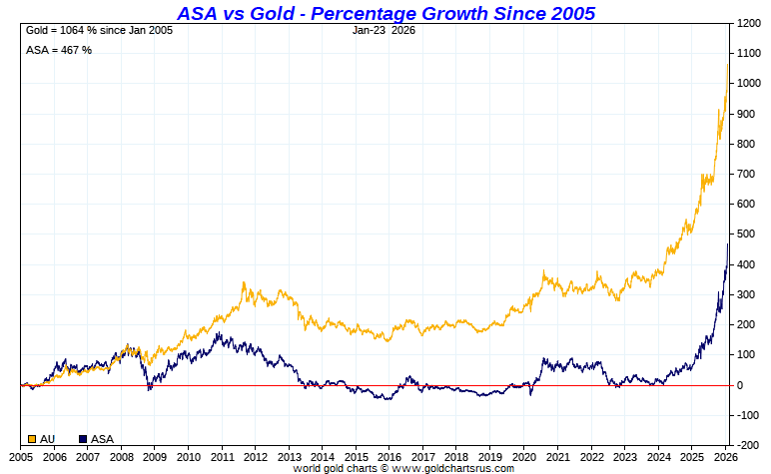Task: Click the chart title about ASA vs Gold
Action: (x=385, y=13)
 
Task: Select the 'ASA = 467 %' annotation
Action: (x=58, y=50)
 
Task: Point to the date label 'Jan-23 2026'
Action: (x=384, y=30)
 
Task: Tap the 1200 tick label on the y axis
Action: (x=748, y=23)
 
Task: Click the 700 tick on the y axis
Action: (x=745, y=175)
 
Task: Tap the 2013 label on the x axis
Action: (x=289, y=456)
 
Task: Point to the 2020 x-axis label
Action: (x=523, y=456)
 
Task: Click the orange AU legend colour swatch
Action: (x=32, y=439)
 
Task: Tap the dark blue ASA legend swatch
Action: (x=83, y=439)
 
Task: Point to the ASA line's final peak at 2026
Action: (x=727, y=244)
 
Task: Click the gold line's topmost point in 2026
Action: (x=727, y=64)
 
